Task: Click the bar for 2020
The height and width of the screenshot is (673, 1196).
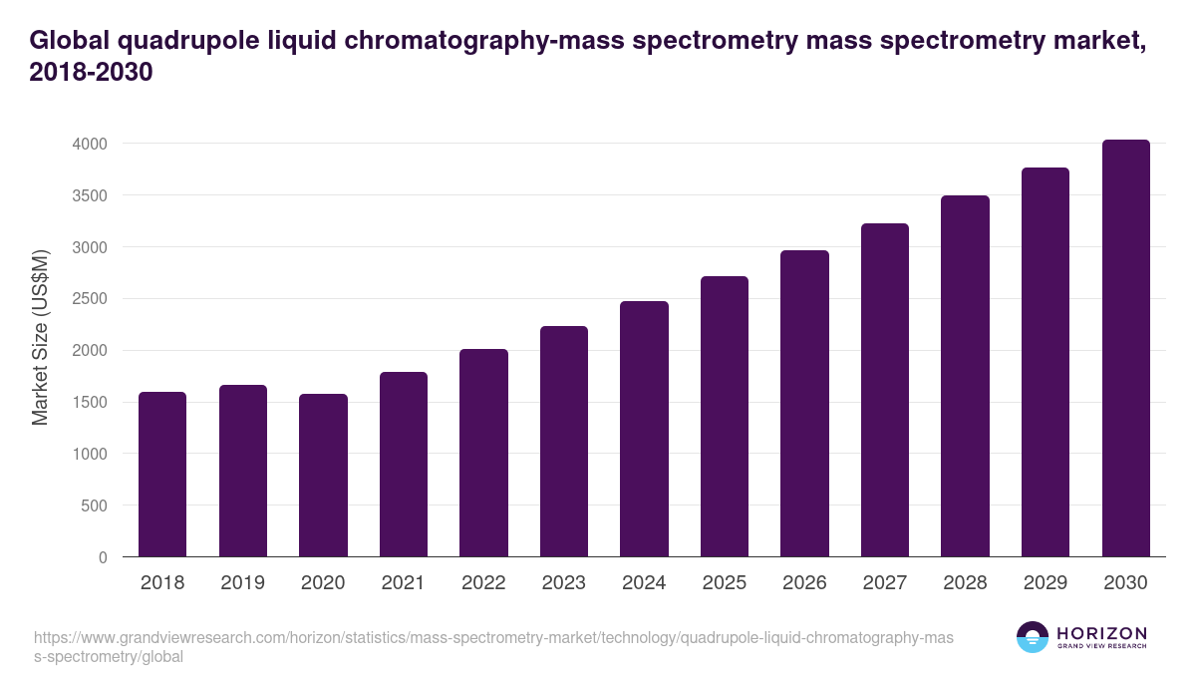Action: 323,476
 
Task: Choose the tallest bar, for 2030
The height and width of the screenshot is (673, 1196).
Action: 1125,348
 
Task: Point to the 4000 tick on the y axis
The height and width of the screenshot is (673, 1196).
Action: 89,144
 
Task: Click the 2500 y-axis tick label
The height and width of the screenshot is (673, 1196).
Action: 89,299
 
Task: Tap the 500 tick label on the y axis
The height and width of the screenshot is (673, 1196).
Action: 94,505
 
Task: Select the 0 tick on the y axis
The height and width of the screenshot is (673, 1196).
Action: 103,557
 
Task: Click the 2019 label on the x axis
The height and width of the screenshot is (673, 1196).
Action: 243,583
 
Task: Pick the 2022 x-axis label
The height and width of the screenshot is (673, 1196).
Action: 483,583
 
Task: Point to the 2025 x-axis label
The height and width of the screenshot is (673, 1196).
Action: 725,583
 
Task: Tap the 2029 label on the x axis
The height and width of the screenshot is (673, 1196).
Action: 1046,583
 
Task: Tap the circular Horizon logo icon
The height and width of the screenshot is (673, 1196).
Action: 1033,637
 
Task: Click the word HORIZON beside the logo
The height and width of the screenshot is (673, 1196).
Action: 1101,632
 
